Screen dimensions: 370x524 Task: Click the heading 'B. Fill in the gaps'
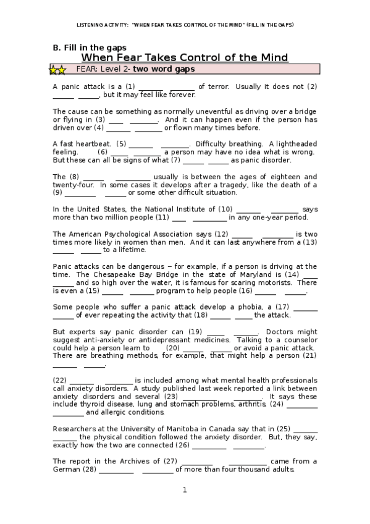(90, 48)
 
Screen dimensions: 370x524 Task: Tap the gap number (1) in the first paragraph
(130, 87)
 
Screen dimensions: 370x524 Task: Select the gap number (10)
(225, 209)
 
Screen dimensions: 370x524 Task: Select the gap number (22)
(60, 380)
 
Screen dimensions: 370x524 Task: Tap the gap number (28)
(90, 469)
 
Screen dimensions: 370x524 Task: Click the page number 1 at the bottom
(184, 490)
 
